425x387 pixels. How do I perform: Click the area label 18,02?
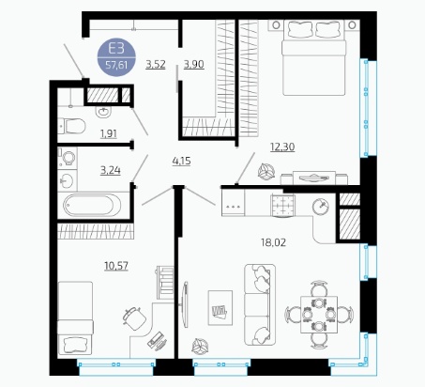coord(273,242)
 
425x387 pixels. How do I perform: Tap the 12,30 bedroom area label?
coord(282,147)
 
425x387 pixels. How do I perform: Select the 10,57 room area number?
coord(116,266)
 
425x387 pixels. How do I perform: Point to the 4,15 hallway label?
coord(181,162)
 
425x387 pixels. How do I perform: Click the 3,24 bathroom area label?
coord(111,171)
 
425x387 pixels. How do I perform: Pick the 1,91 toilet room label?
coord(109,133)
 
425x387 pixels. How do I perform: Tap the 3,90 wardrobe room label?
coord(194,64)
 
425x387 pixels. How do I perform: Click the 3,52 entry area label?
coord(156,64)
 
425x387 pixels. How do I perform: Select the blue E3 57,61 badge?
coord(116,57)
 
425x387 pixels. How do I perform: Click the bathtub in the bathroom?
coord(92,205)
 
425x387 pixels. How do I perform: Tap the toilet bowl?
coord(72,126)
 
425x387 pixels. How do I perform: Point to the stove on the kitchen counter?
coord(283,206)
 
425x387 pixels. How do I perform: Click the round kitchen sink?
coord(321,206)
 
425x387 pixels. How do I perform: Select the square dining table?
coord(319,315)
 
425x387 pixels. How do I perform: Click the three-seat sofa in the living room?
coord(260,304)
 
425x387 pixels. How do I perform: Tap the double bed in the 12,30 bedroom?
coord(314,57)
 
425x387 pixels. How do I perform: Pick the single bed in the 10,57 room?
coord(75,317)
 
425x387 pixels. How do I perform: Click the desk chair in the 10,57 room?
coord(134,318)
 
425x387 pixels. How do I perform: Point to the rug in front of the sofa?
coord(220,308)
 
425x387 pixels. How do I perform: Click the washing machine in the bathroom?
coord(68,159)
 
